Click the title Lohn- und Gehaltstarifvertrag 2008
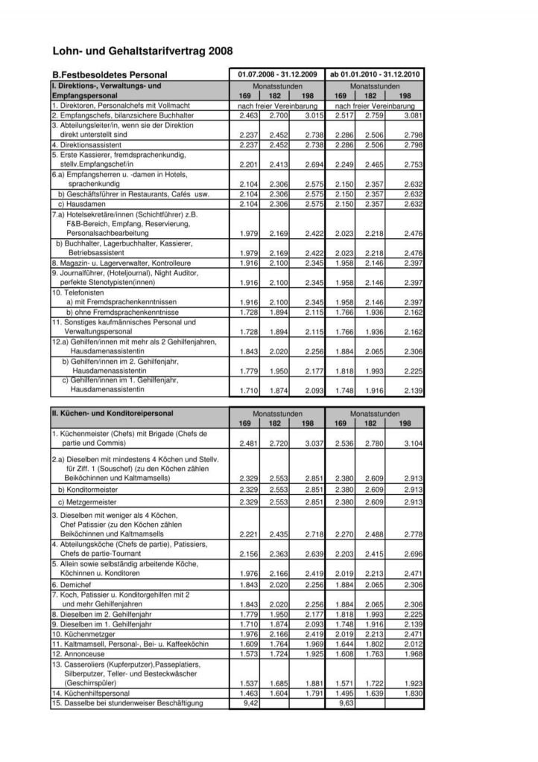(142, 51)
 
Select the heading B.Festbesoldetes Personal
(110, 74)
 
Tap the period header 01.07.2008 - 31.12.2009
(277, 74)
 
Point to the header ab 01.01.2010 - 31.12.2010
(376, 74)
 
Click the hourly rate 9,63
(345, 702)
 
